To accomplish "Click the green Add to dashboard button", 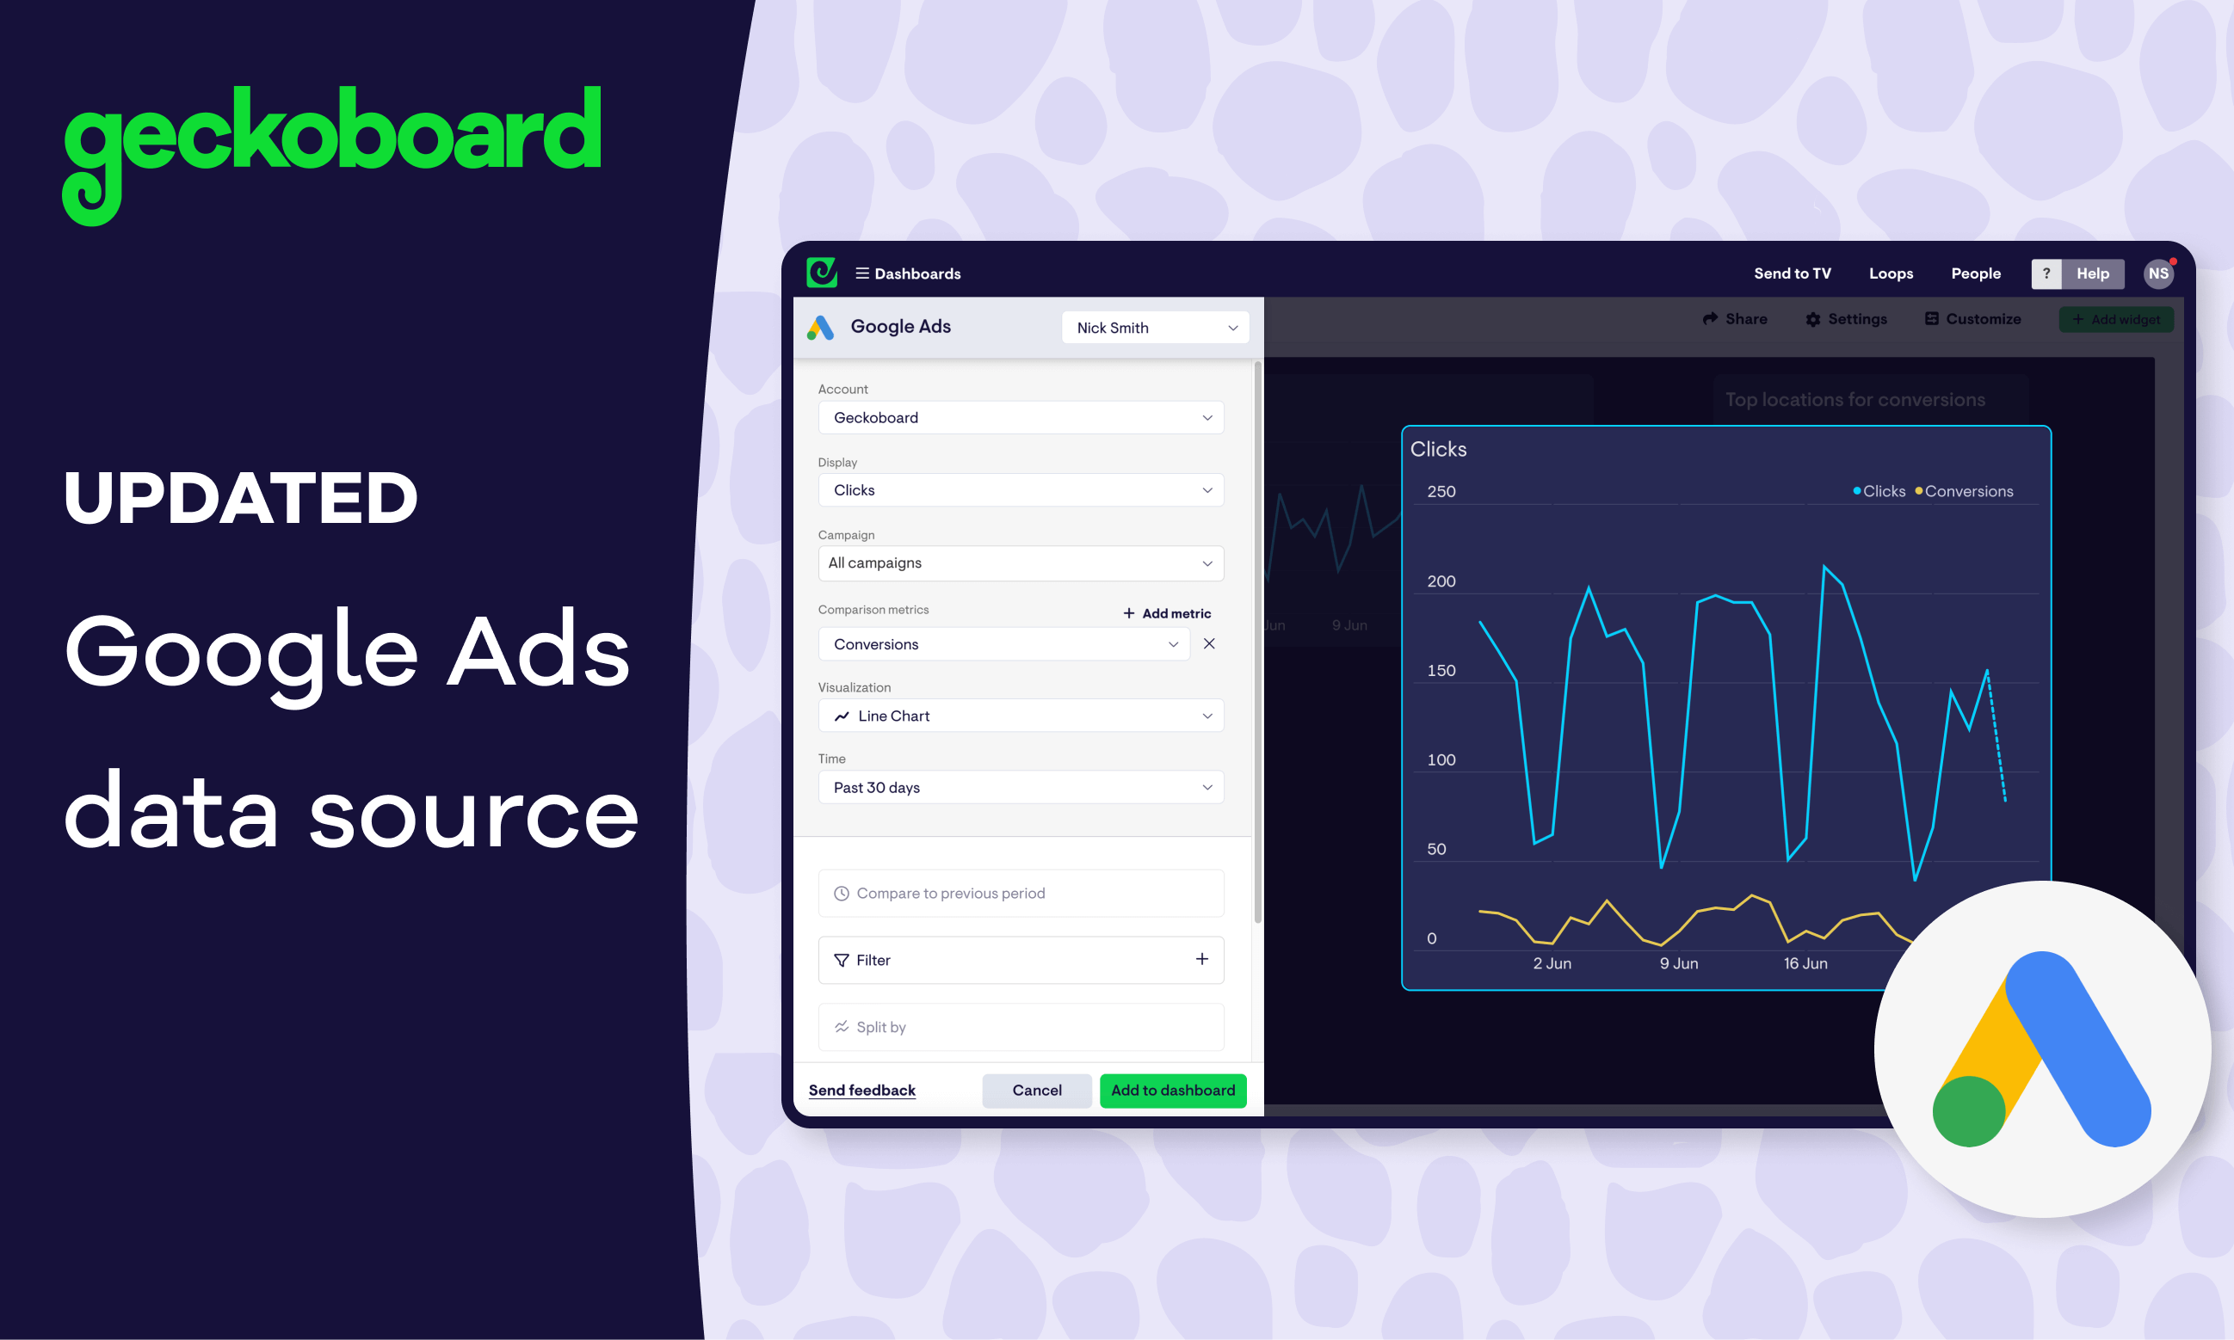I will (1173, 1090).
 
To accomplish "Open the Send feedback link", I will (861, 1090).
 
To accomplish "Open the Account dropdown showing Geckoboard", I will (1020, 417).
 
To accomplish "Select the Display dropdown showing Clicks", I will (1020, 490).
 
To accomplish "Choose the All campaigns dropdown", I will (1020, 562).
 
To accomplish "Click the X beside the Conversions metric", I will (1209, 644).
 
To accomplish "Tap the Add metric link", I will (1167, 613).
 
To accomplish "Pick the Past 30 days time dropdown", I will (1020, 787).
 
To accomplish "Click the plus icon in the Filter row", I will (1201, 959).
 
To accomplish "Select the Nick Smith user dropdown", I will (1156, 328).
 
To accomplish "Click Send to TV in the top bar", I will (1792, 274).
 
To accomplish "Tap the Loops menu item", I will (1890, 274).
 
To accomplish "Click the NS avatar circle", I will (2157, 274).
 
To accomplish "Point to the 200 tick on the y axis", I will (1441, 581).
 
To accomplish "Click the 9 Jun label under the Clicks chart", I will (1678, 963).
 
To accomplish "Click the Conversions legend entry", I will (1967, 491).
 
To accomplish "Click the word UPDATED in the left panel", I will (240, 497).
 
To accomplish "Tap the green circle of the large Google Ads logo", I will (1968, 1111).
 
